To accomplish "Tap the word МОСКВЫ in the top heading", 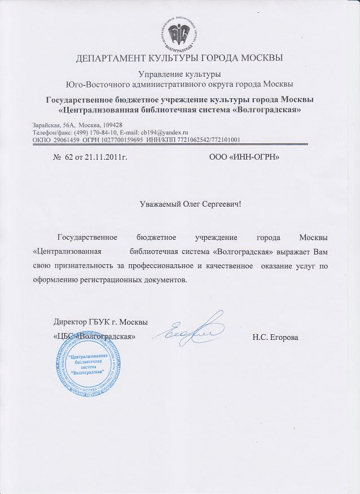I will coord(257,58).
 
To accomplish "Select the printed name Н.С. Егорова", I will coord(276,338).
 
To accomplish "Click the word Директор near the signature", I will coord(70,322).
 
